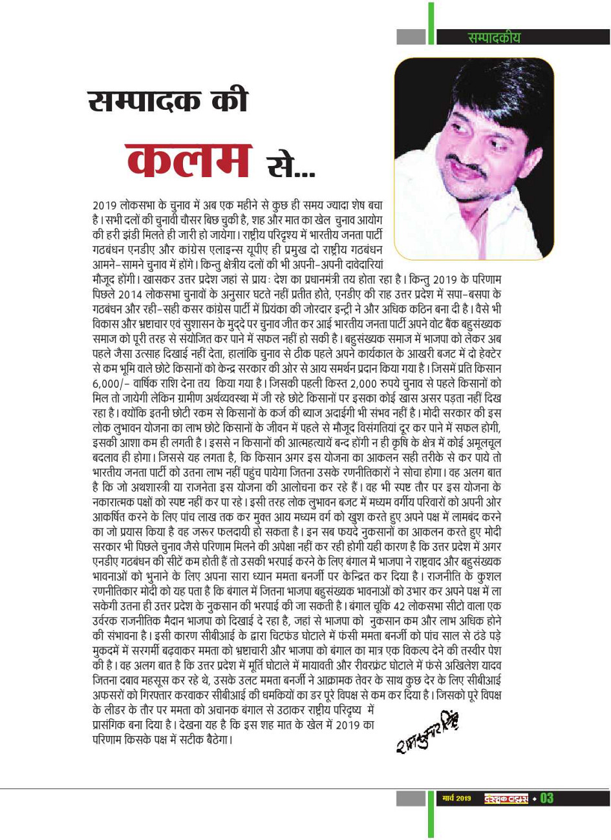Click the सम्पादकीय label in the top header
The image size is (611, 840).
(494, 37)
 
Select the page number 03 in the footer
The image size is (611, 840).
(546, 799)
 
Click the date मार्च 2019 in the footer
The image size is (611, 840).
(456, 799)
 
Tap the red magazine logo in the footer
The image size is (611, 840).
(506, 799)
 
